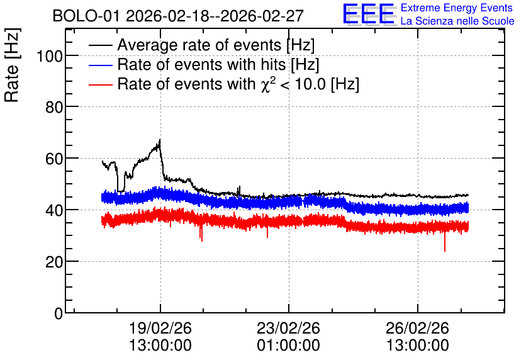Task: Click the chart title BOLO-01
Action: [86, 16]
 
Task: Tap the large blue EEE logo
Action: [369, 14]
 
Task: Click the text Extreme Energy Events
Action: [457, 8]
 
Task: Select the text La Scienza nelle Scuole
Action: [457, 21]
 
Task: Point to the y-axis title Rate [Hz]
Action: [12, 65]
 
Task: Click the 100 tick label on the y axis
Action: [50, 56]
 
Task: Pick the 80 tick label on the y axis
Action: [54, 108]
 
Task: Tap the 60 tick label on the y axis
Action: [54, 159]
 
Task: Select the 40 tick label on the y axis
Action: [54, 210]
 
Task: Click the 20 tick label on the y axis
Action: [54, 262]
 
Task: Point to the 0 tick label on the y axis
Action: [59, 313]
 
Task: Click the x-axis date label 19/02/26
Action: [160, 328]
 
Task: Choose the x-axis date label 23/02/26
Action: [289, 328]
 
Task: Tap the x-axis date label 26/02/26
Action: [417, 328]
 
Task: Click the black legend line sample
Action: [100, 45]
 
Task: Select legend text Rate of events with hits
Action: [201, 64]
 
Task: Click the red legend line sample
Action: [100, 84]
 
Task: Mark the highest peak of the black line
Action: [160, 140]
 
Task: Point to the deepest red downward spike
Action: [445, 251]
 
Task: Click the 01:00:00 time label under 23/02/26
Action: [289, 346]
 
